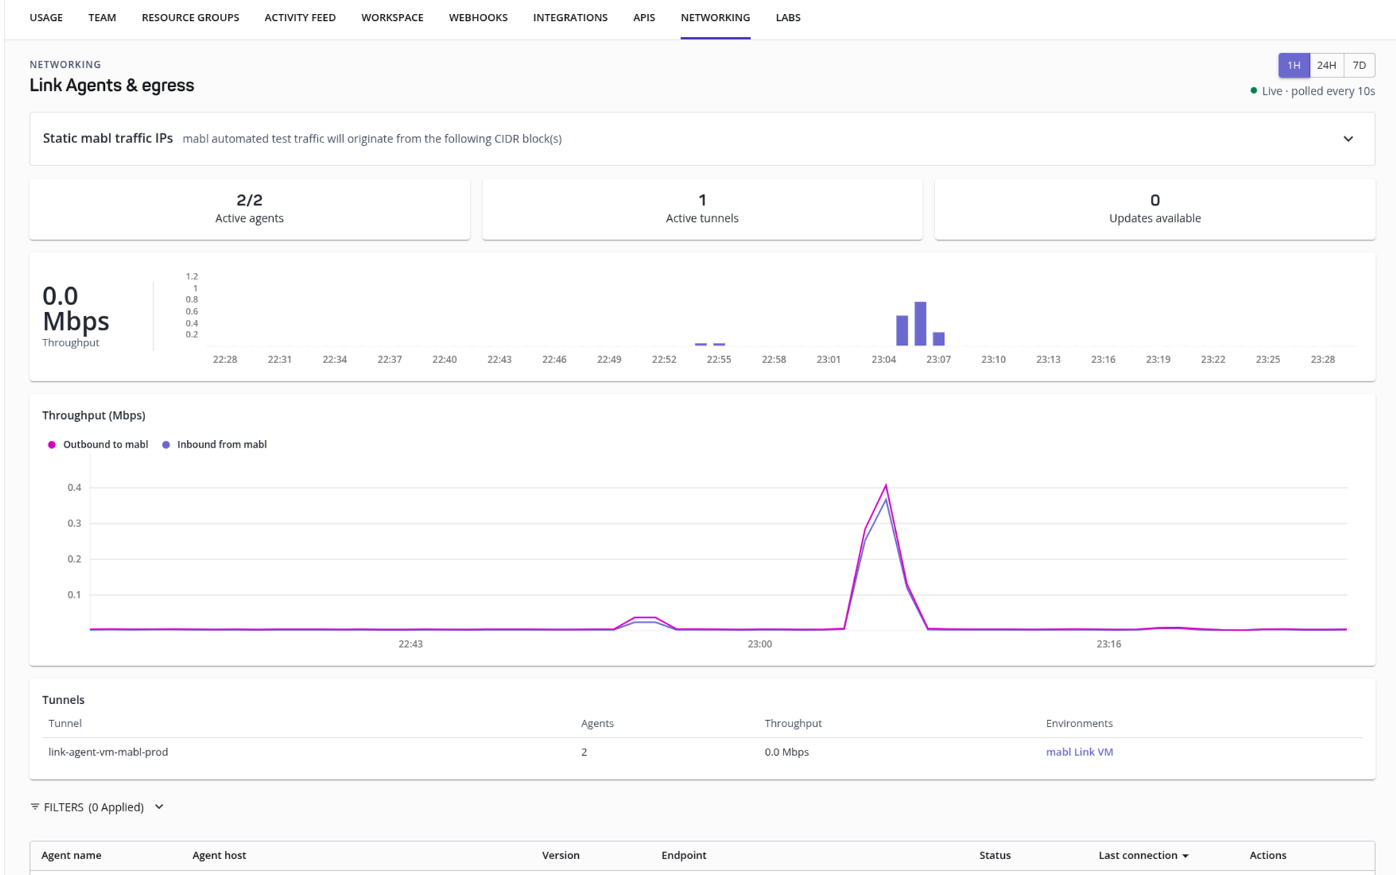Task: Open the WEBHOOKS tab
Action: coord(478,17)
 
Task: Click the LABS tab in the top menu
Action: coord(788,17)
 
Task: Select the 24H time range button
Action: coord(1326,65)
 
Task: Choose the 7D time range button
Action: coord(1358,65)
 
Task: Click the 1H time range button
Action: coord(1293,65)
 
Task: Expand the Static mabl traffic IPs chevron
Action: coord(1348,139)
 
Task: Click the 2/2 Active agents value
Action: coord(249,200)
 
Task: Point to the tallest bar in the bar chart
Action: coord(920,323)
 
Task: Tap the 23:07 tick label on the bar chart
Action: coord(938,360)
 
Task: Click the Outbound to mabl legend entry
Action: coord(98,444)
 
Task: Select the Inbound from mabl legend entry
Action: coord(214,444)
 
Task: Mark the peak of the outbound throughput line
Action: coord(886,485)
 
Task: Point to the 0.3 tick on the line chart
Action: coord(74,523)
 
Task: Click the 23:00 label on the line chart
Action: coord(759,644)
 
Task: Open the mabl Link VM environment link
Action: coord(1079,752)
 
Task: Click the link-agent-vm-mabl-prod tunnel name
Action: coord(108,752)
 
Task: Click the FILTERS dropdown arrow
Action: coord(159,807)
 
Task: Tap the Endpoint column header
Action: coord(684,855)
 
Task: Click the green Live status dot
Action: coord(1254,91)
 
